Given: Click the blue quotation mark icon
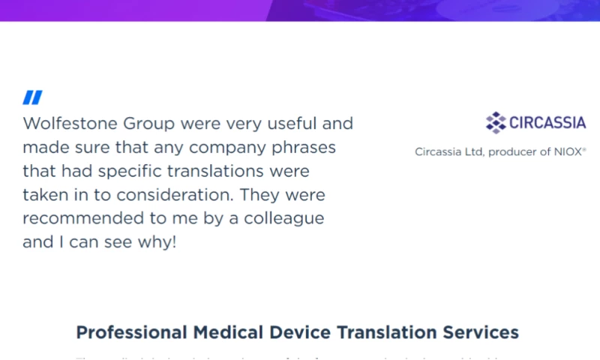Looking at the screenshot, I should pos(32,97).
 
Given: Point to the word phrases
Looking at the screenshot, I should pos(303,148).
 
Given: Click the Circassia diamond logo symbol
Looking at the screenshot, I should pos(496,122).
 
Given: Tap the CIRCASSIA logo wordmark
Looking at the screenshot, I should pos(547,123).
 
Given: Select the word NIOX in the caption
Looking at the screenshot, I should pos(569,151).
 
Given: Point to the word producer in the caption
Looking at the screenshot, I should pos(514,151).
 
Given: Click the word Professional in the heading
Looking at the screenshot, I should pos(132,332).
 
